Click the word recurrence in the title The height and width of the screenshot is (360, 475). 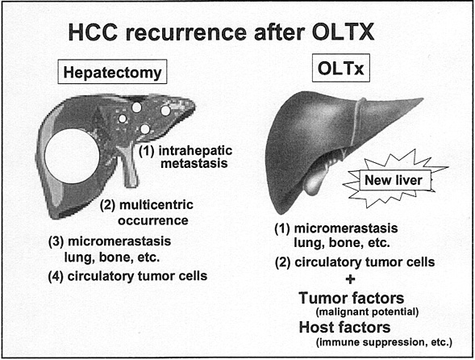(186, 32)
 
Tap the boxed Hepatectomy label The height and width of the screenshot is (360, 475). (112, 72)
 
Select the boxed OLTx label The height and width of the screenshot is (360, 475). (341, 68)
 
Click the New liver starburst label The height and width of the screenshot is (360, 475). (394, 180)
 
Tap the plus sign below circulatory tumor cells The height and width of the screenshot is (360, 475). (350, 279)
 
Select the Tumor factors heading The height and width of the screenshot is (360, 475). (352, 298)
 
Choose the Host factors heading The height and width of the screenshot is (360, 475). (344, 327)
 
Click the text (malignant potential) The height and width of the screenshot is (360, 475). (367, 312)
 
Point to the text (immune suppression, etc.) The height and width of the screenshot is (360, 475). (384, 342)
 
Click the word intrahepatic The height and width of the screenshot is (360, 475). (195, 150)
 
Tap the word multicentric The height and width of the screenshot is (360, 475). (156, 205)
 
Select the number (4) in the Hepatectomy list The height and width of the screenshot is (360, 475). (56, 276)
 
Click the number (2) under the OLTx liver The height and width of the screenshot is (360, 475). (282, 262)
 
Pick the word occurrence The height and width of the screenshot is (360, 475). (153, 220)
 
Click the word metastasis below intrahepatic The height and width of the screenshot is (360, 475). (194, 163)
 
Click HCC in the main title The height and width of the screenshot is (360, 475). (93, 32)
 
